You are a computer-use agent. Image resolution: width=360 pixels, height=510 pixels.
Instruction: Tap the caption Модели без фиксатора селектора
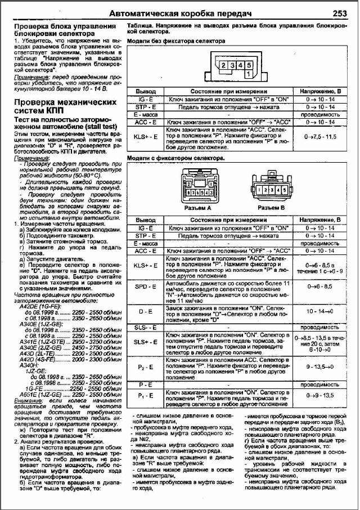176,41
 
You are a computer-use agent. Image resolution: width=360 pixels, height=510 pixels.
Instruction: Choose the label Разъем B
274,208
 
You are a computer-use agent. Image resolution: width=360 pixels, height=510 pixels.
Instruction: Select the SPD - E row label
146,287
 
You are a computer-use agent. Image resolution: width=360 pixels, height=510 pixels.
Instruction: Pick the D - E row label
146,311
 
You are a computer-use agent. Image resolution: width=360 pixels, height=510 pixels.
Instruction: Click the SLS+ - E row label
146,342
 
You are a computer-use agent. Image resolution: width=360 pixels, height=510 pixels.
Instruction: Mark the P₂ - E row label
146,366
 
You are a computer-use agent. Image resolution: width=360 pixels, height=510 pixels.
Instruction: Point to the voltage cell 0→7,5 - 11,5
319,136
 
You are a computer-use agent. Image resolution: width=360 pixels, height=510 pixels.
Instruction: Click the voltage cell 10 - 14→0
319,311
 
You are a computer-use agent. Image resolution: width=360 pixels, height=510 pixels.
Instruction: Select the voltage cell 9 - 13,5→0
319,366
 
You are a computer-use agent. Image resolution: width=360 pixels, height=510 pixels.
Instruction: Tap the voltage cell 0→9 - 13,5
319,395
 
